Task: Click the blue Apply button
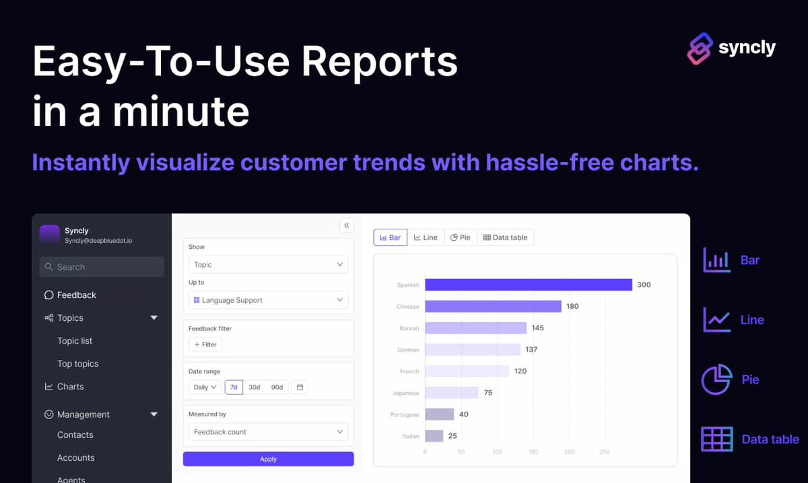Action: coord(268,459)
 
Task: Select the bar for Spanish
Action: coord(529,285)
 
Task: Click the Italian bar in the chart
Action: coord(434,436)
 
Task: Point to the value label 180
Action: coord(572,306)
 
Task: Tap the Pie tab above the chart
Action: coord(461,237)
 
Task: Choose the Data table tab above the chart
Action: coord(506,237)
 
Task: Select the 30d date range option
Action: coord(255,387)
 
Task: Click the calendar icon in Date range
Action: coord(300,387)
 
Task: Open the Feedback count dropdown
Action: coord(268,431)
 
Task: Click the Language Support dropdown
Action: coord(268,300)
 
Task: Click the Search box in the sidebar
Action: coord(102,267)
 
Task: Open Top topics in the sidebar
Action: coord(78,363)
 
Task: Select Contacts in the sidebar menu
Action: coord(75,435)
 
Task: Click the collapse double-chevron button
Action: coord(346,225)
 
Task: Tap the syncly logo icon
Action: coord(700,48)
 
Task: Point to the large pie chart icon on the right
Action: coord(716,379)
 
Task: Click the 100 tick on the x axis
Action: coord(497,451)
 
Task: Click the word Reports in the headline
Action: coord(380,61)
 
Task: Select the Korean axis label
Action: coord(409,328)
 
